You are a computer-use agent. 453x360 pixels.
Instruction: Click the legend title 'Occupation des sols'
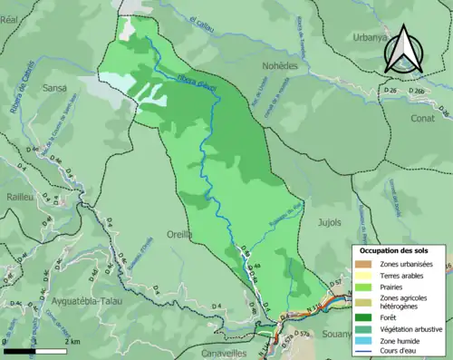tap(395, 249)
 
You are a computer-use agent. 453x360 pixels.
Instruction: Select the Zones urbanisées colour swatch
tap(363, 264)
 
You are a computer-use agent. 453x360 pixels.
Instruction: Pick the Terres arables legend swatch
tap(363, 276)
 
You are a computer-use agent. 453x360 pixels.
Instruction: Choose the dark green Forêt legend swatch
tap(363, 317)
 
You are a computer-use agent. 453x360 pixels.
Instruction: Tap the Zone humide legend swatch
tap(363, 341)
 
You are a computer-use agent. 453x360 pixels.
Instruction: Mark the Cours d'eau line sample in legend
tap(363, 353)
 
